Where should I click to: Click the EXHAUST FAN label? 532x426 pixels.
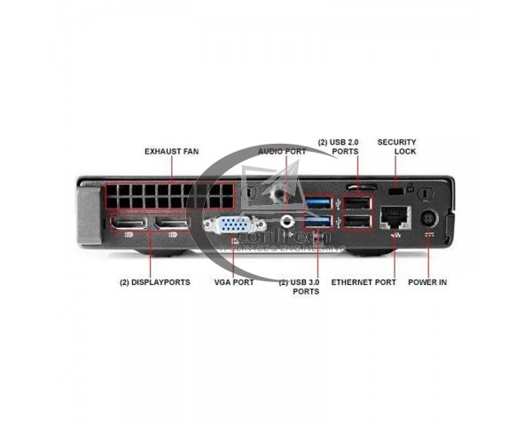pos(171,152)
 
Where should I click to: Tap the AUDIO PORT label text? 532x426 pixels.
pos(282,152)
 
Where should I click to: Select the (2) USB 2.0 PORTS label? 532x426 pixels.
pos(338,146)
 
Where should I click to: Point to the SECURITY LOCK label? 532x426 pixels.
pos(396,146)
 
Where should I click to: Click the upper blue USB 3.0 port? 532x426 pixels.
pos(321,203)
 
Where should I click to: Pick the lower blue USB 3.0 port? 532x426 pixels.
pos(321,222)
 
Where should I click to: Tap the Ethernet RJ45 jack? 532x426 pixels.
pos(392,218)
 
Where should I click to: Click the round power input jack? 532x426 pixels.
pos(428,218)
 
